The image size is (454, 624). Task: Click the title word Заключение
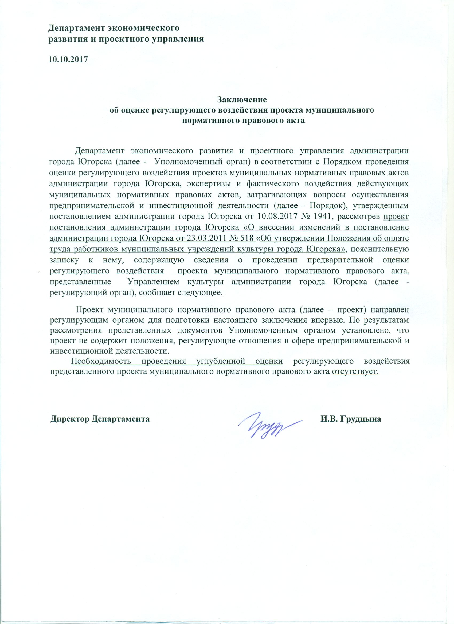pyautogui.click(x=242, y=99)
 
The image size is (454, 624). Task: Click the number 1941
pyautogui.click(x=323, y=216)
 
